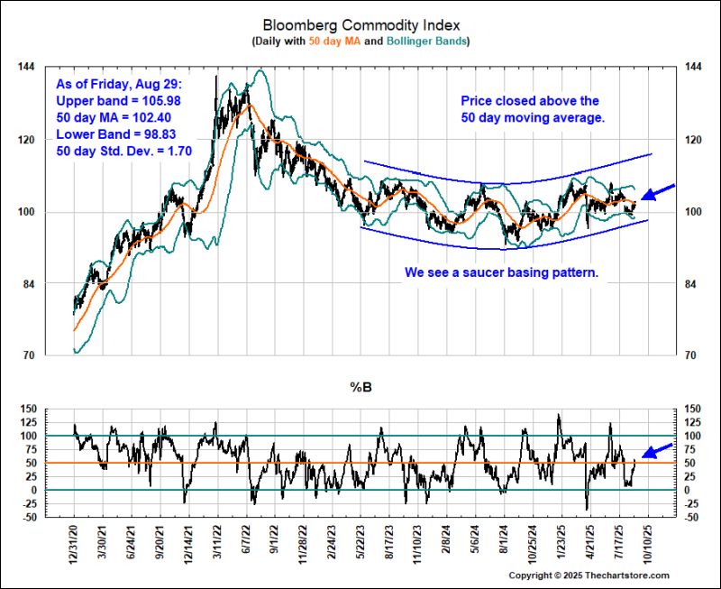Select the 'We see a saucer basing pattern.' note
click(x=502, y=271)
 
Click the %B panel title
click(x=360, y=390)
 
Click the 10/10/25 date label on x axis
click(x=646, y=545)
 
